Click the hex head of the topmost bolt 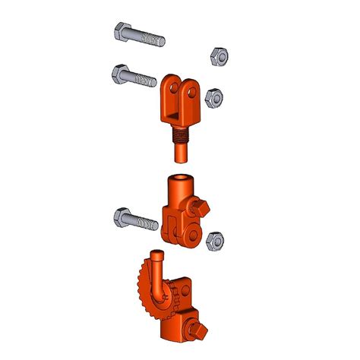(122, 33)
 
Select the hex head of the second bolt (121, 74)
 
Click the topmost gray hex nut (214, 55)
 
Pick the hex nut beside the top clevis (215, 96)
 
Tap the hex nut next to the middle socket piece (215, 241)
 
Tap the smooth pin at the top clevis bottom (182, 154)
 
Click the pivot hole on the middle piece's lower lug (194, 232)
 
